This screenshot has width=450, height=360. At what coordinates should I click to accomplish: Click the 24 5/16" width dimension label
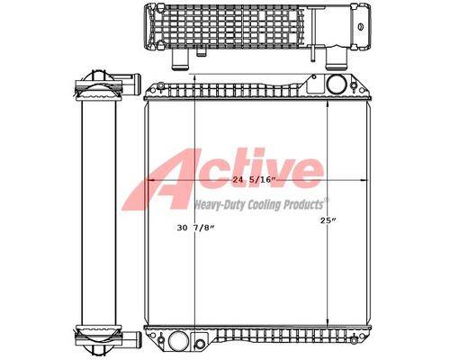(255, 180)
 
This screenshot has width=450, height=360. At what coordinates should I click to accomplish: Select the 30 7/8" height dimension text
(196, 228)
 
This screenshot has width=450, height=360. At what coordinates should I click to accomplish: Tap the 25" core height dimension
(328, 220)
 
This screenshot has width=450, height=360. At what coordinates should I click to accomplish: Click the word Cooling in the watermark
(264, 204)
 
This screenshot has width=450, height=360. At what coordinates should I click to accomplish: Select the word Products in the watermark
(303, 204)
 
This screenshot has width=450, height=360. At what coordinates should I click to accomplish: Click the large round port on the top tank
(337, 85)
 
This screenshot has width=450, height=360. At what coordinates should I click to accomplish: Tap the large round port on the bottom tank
(178, 341)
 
